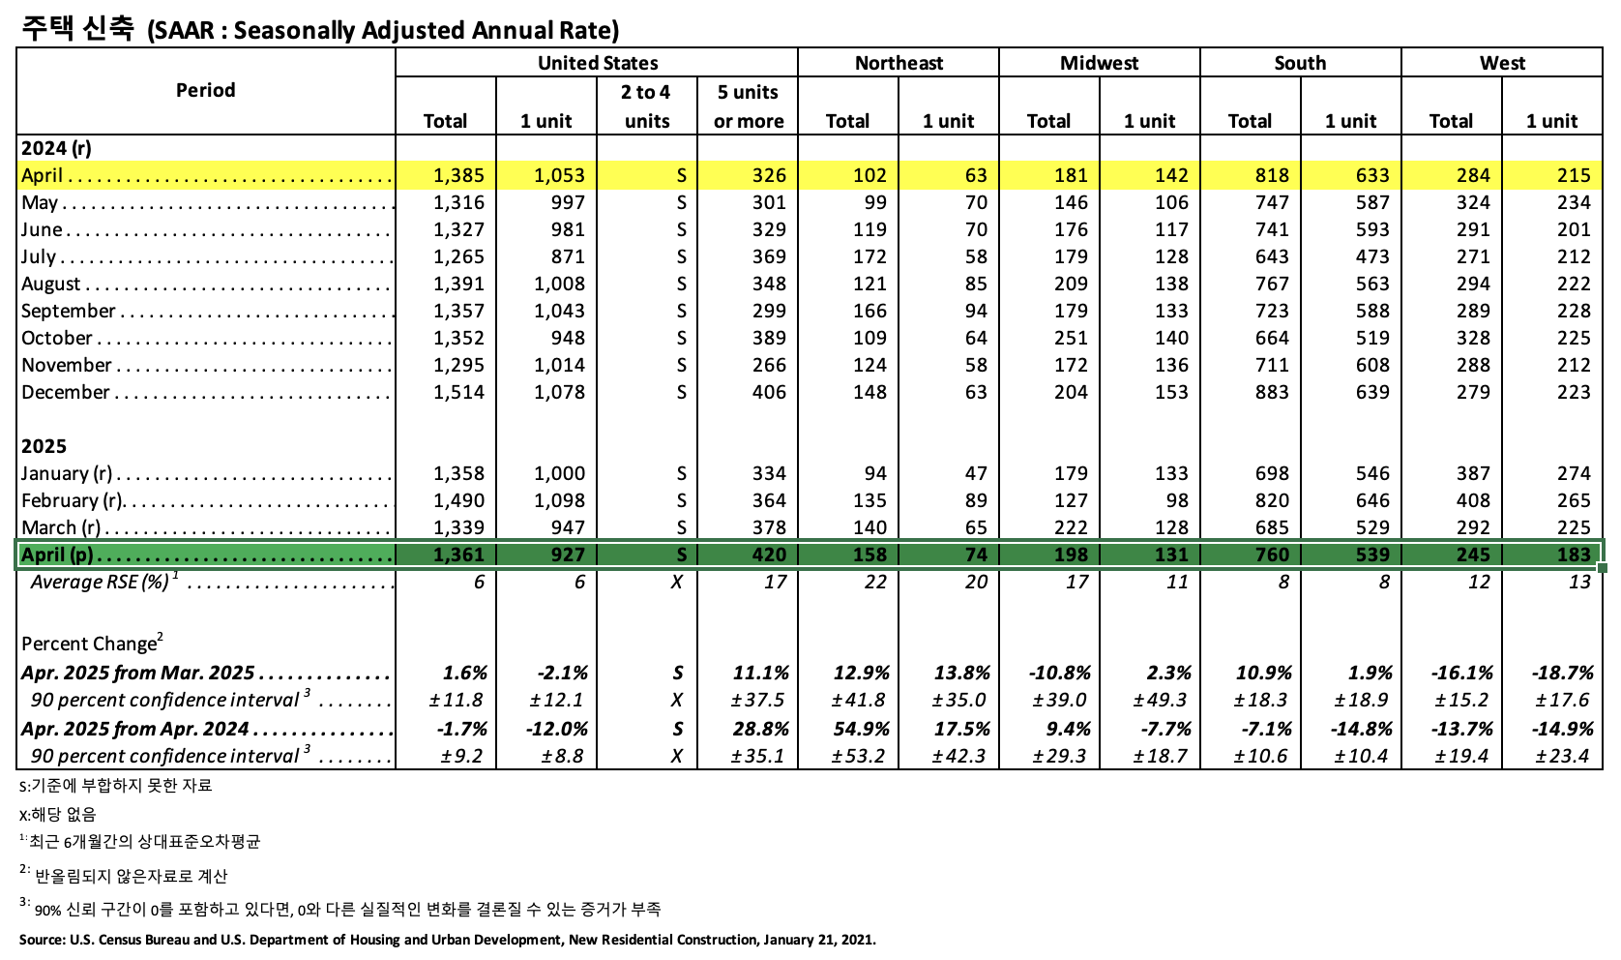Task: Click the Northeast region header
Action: tap(899, 63)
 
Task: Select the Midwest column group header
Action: tap(1099, 63)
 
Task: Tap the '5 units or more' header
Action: tap(748, 106)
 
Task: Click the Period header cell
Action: tap(206, 90)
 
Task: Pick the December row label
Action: tap(66, 392)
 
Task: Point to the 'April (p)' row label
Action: tap(58, 555)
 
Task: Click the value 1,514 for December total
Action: tap(459, 392)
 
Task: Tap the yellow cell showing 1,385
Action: tap(459, 175)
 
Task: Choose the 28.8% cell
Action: tap(760, 729)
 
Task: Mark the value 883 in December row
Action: tap(1272, 392)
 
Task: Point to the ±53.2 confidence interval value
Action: tap(860, 756)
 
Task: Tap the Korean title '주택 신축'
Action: tap(77, 29)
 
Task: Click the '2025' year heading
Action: tap(44, 446)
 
